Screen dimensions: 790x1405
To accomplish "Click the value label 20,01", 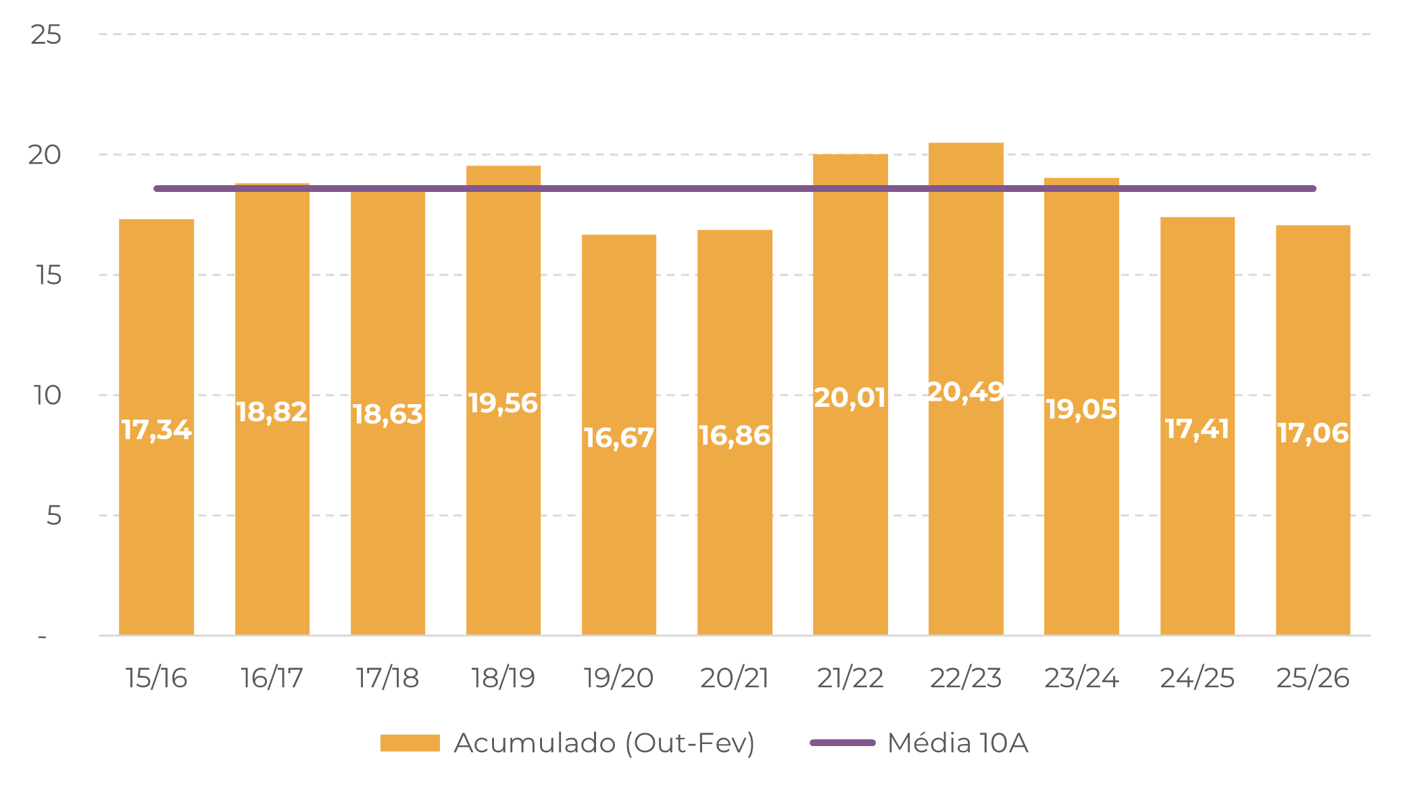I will click(850, 398).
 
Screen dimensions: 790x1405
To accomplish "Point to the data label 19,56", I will click(503, 403).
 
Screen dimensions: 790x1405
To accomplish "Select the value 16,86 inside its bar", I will click(735, 436).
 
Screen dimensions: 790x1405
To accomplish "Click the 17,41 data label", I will click(1197, 429).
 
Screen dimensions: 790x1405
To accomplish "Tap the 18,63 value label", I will click(387, 414).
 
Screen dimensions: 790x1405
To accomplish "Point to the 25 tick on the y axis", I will click(46, 34).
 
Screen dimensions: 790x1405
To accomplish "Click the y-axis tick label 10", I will click(47, 395).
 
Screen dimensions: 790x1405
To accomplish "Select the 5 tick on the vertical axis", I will click(54, 516).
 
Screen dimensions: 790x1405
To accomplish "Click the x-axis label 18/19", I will click(503, 678).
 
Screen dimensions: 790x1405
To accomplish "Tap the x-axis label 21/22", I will click(850, 678).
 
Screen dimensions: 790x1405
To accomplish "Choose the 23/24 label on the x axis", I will click(1081, 678).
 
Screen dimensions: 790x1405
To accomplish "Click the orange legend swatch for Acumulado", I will click(410, 743).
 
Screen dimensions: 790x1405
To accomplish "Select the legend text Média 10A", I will click(958, 743).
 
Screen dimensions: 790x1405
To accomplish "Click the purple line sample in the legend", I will click(842, 743).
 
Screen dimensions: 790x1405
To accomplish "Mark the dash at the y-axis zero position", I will click(42, 637).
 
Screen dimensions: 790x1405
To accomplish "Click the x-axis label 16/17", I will click(272, 678).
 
